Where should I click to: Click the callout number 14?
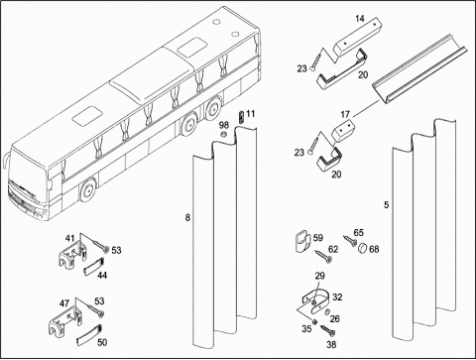[x=360, y=19]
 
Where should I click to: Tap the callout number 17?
[x=345, y=114]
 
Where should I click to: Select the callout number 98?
[x=224, y=125]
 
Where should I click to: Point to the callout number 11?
[x=251, y=114]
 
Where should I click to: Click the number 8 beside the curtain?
[x=187, y=217]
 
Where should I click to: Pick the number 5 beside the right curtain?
[x=386, y=205]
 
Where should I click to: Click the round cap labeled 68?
[x=363, y=247]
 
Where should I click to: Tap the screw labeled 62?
[x=323, y=257]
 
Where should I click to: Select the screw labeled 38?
[x=327, y=330]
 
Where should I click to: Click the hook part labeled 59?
[x=302, y=242]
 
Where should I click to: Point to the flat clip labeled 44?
[x=93, y=266]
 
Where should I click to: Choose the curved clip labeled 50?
[x=89, y=334]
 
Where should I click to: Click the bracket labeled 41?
[x=74, y=255]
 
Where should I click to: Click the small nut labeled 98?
[x=223, y=134]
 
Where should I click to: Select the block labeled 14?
[x=358, y=35]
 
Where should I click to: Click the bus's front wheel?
[x=87, y=190]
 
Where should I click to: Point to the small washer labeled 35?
[x=315, y=321]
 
